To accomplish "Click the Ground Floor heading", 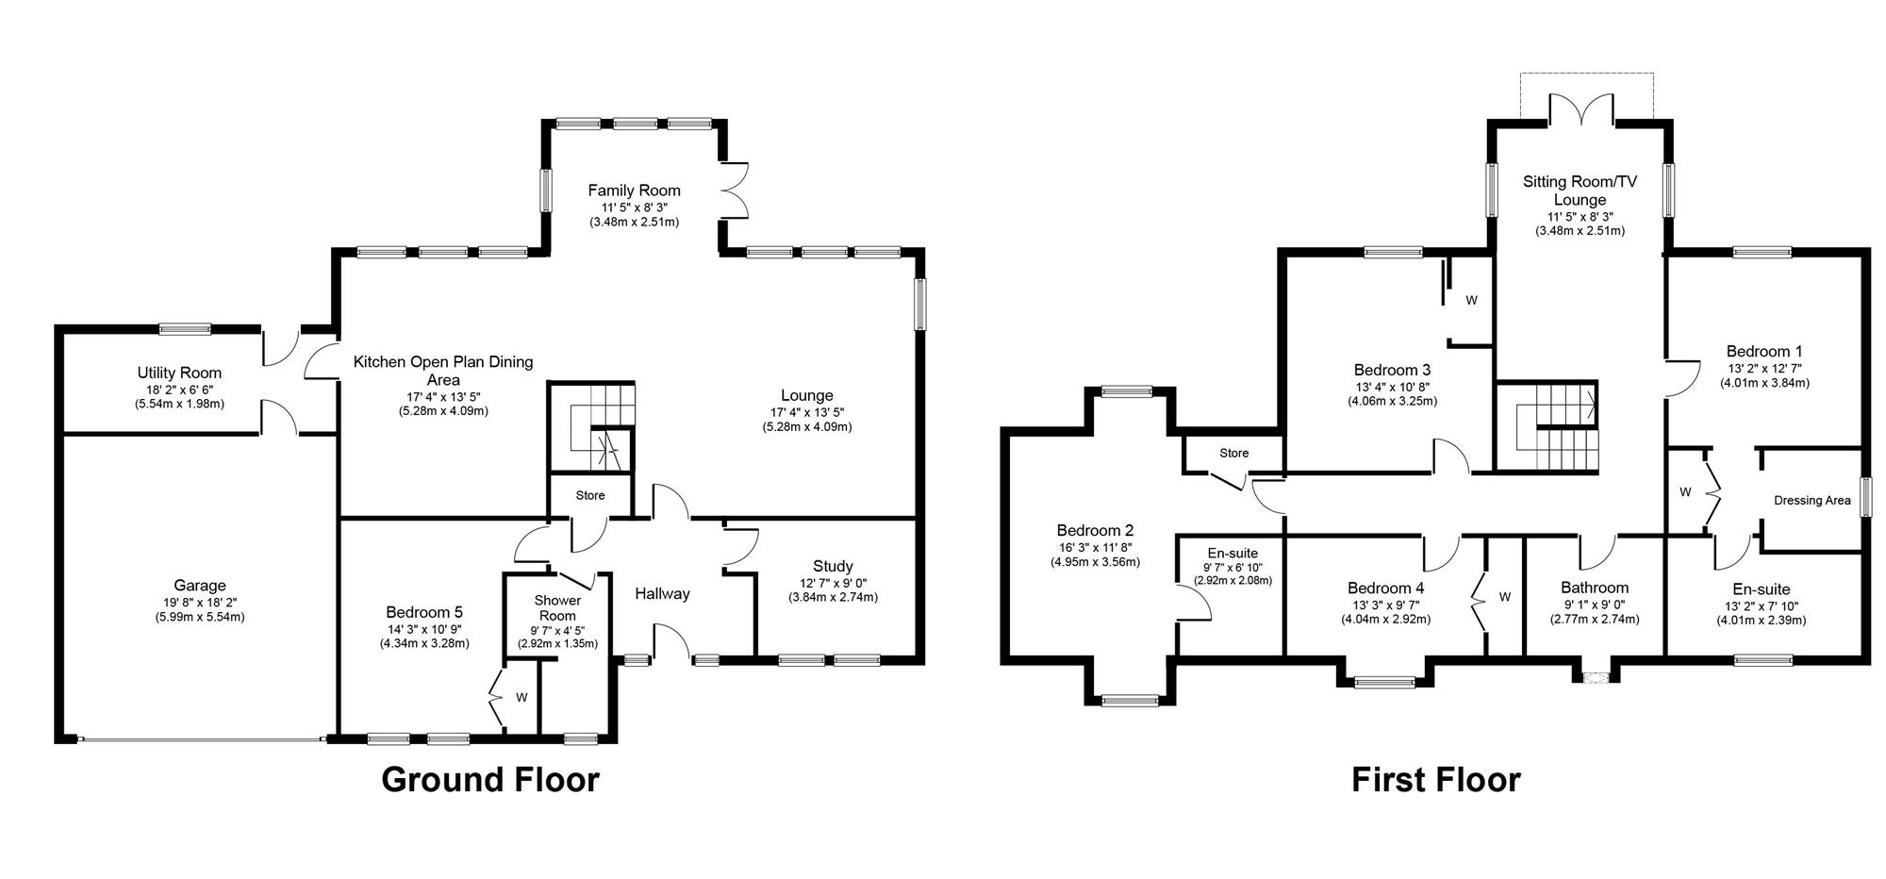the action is coord(490,780).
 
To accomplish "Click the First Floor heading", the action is coord(1436,780).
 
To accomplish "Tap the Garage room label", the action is coord(200,586).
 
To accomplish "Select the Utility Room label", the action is coord(180,373).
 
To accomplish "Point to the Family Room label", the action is coord(635,191).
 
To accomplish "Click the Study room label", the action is coord(833,566).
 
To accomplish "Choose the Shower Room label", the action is coord(557,608).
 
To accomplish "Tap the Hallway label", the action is coord(662,593).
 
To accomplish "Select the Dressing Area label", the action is coord(1812,500).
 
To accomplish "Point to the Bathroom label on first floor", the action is coord(1595,588).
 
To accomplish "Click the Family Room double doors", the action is coord(734,191).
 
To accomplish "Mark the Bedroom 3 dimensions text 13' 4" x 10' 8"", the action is coord(1392,386).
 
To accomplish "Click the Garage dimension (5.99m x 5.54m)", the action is coord(200,617).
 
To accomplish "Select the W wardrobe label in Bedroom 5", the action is coord(521,698).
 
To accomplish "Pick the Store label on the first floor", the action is coord(1233,453).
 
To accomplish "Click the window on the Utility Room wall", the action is coord(185,329).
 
